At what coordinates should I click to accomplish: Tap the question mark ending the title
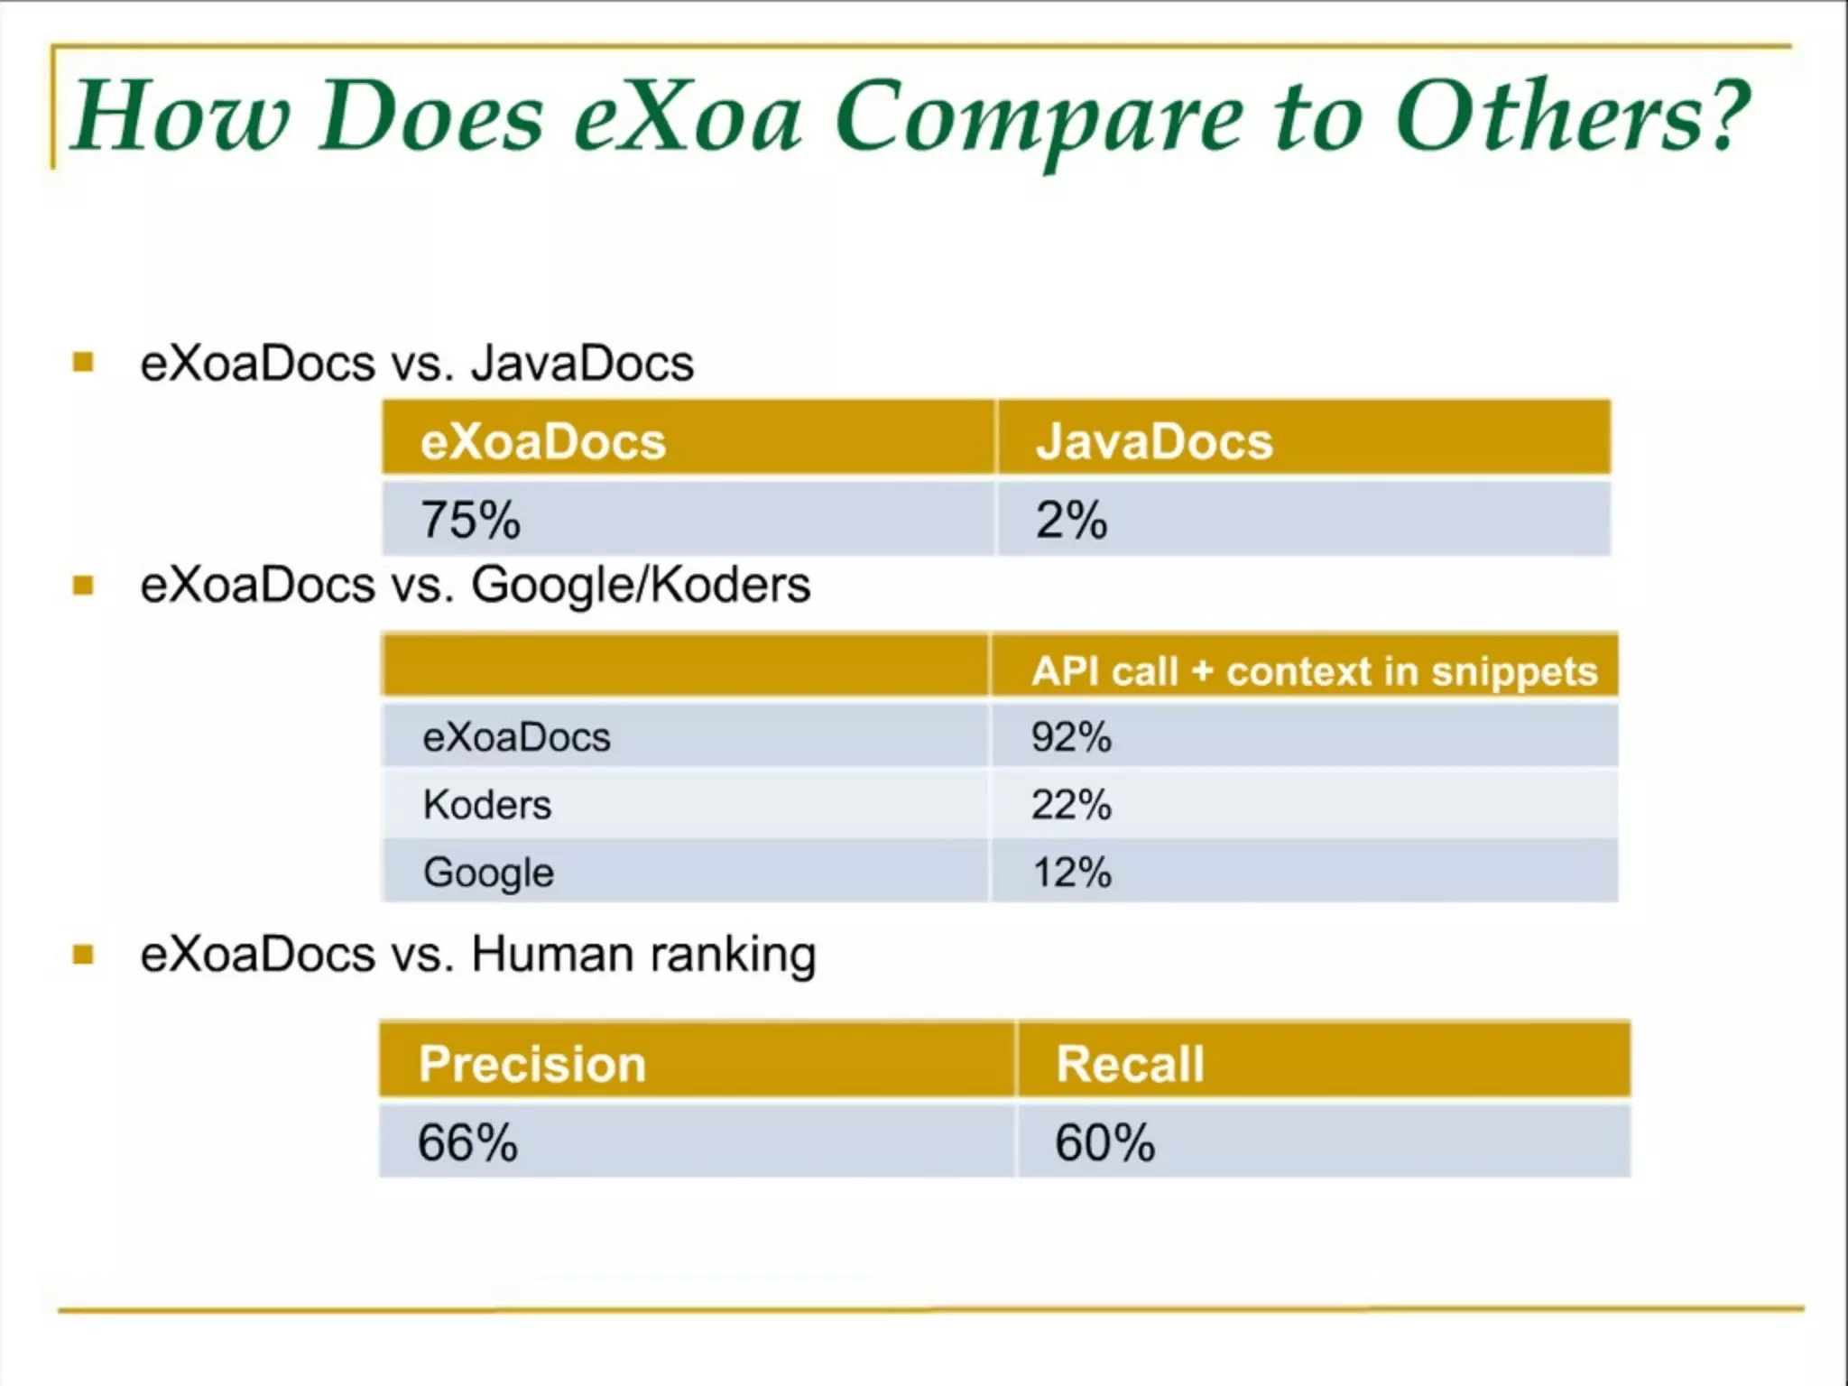(x=1725, y=115)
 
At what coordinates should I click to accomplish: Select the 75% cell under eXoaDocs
(x=471, y=520)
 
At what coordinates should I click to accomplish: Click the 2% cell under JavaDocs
(x=1071, y=520)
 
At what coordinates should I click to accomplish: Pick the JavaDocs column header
(x=1153, y=441)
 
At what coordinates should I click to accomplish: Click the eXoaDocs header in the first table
(x=542, y=441)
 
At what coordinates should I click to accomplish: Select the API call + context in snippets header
(x=1314, y=671)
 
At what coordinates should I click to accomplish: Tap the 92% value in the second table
(x=1071, y=736)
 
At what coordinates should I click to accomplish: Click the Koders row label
(x=487, y=804)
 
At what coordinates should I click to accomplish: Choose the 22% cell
(x=1071, y=804)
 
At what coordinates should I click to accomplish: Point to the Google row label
(x=488, y=873)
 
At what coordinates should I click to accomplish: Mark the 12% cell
(x=1071, y=873)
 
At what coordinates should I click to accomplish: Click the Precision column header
(x=532, y=1063)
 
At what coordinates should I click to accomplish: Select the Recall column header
(x=1130, y=1063)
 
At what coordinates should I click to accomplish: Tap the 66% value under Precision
(x=467, y=1142)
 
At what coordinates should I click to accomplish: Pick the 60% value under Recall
(x=1104, y=1142)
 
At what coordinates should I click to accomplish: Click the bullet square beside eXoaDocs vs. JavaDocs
(x=83, y=363)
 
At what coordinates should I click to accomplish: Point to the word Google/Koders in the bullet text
(x=641, y=585)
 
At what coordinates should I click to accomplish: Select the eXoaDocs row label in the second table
(x=516, y=736)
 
